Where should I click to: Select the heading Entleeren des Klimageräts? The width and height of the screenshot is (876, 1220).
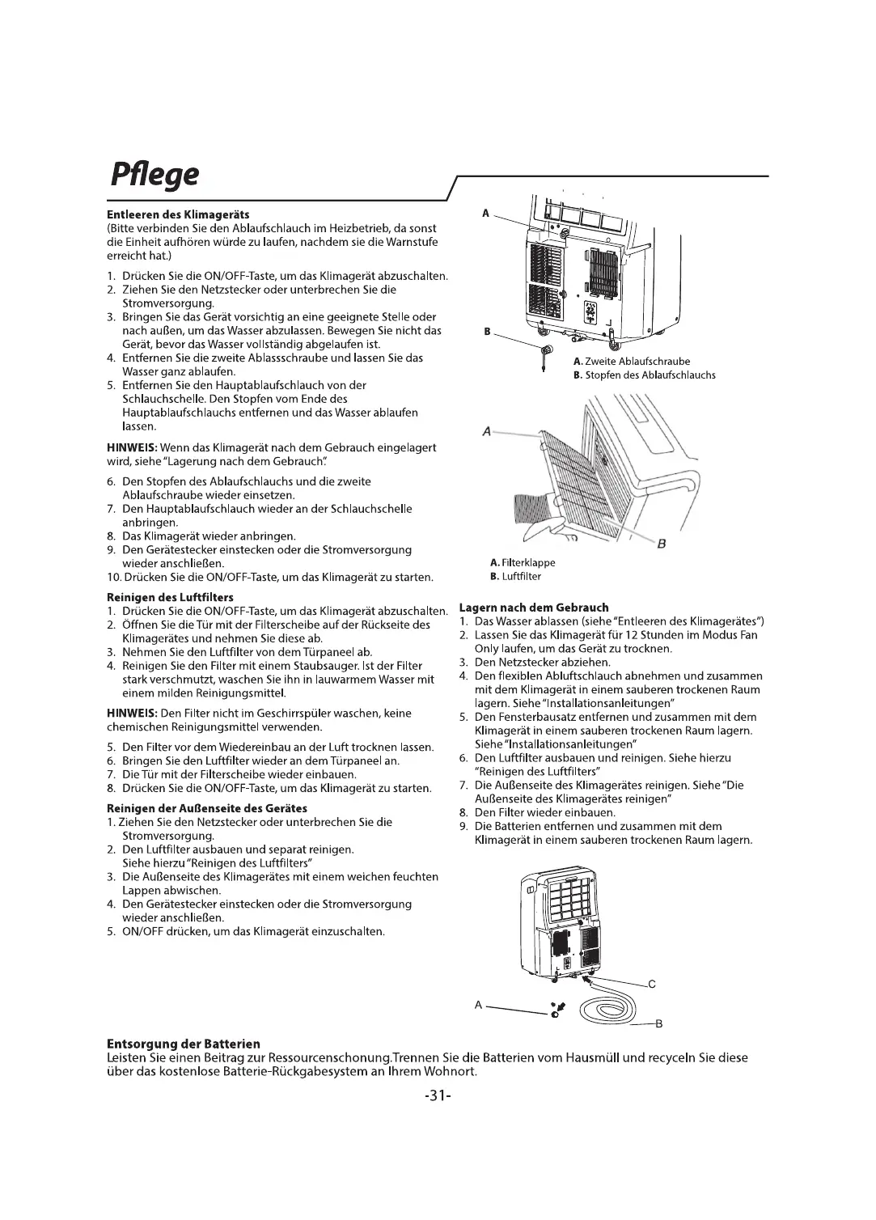[x=179, y=215]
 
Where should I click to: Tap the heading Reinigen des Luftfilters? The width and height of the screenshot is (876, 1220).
[x=170, y=597]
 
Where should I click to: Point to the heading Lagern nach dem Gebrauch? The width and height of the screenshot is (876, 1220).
[x=534, y=608]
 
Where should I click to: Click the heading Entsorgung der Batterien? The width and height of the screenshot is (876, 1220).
[x=184, y=1044]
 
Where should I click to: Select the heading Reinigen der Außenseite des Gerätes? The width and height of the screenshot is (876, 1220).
[x=207, y=808]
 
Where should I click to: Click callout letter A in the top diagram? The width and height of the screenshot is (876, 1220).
[x=485, y=213]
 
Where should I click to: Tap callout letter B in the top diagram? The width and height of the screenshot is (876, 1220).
[x=487, y=331]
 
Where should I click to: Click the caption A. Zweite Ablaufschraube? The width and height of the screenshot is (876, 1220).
[x=631, y=362]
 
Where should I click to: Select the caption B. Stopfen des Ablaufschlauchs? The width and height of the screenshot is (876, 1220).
[x=644, y=375]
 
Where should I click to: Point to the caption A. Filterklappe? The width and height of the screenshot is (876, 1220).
[x=523, y=563]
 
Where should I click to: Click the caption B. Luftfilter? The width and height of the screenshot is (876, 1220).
[x=515, y=577]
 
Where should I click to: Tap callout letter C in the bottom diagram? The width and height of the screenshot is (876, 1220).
[x=652, y=985]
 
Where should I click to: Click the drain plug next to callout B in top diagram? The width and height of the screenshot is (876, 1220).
[x=545, y=354]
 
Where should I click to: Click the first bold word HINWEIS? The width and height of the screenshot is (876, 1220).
[x=132, y=447]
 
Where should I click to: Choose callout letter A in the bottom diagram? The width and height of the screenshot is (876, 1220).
[x=478, y=1005]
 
